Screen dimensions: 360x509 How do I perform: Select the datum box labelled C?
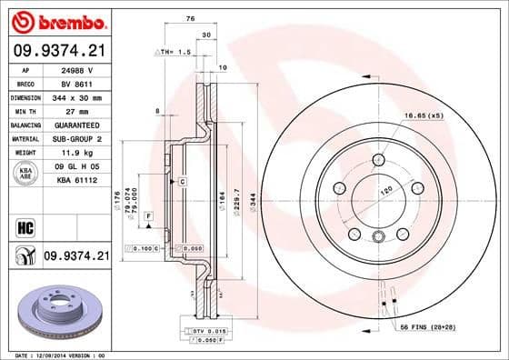[x=182, y=183]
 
